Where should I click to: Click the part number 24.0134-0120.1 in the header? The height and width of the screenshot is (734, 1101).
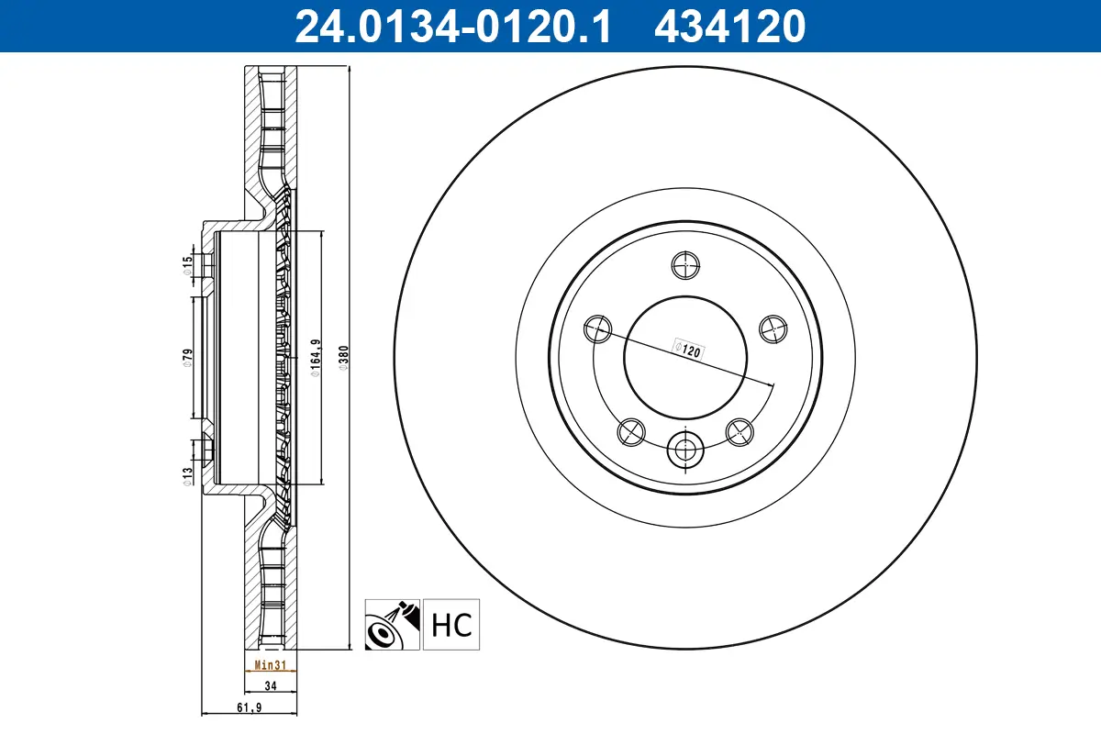[450, 26]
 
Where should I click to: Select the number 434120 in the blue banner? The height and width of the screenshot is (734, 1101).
[729, 26]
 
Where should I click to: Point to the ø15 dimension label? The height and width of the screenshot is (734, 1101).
[187, 264]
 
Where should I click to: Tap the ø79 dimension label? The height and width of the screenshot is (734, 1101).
[187, 358]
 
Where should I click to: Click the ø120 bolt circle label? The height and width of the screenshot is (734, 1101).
[687, 349]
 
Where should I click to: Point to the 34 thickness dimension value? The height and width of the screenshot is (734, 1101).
[271, 684]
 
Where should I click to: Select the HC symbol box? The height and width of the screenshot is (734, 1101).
[451, 626]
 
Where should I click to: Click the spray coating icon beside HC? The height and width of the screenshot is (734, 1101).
[393, 626]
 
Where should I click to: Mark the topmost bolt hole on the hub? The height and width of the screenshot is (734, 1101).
[685, 265]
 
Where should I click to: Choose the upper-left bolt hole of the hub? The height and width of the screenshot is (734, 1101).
[597, 328]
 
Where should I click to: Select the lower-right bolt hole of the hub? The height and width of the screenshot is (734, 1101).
[740, 429]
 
